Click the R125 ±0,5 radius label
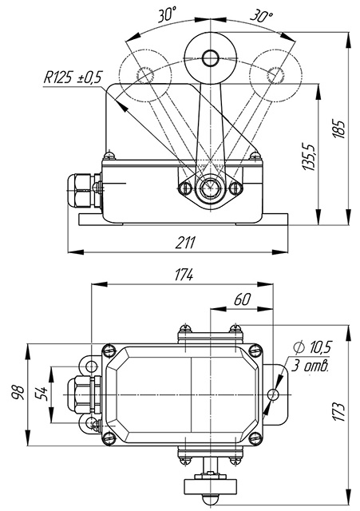point(73,78)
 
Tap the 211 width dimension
point(185,243)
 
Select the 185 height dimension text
point(339,129)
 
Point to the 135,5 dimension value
point(309,156)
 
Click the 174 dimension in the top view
point(184,275)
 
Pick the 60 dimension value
point(243,299)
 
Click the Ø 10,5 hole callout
point(312,347)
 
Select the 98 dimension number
point(18,393)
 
